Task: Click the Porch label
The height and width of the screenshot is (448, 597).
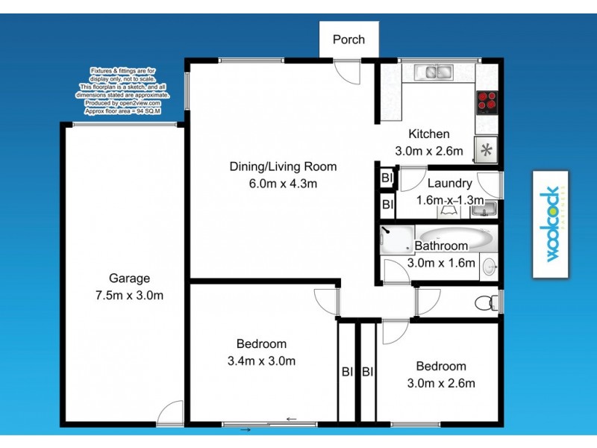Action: point(349,39)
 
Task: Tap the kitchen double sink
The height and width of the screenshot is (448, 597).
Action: point(434,72)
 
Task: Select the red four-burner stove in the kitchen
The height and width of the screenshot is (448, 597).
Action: point(487,101)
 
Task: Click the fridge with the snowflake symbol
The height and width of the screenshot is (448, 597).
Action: point(486,149)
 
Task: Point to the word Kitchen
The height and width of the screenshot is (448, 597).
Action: point(428,134)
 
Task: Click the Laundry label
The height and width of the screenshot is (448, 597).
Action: point(449,183)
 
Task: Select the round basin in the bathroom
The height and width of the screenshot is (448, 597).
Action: point(489,266)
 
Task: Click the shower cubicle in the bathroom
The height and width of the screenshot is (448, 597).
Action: point(396,237)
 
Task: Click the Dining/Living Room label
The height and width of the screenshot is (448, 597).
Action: point(283,167)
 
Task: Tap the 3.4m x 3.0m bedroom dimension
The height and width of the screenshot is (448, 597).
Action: point(261,361)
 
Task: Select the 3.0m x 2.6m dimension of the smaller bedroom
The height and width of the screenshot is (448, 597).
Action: point(440,384)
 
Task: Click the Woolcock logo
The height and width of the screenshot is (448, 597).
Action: point(551,224)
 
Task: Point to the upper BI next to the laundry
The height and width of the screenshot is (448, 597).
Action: point(387,178)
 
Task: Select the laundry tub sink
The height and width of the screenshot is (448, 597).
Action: point(487,211)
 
